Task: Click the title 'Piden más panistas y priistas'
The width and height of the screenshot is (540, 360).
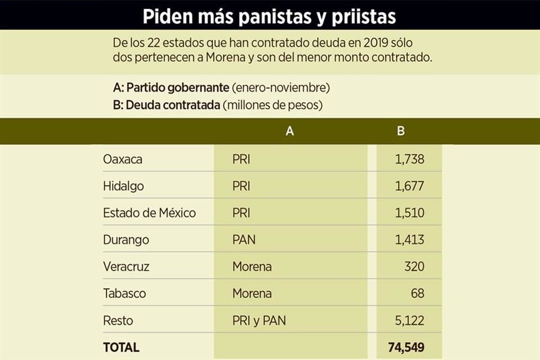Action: pos(269,16)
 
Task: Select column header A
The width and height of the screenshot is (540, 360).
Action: pos(290,132)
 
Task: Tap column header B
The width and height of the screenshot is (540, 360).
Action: pos(400,132)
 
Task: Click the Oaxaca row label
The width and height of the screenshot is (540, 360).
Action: pos(123,159)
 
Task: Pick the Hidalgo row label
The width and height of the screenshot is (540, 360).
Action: pos(123,186)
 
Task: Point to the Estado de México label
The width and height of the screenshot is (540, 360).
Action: pos(149,213)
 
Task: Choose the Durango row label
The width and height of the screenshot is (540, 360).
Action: pos(126,240)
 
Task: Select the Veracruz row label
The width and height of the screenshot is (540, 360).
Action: pos(126,267)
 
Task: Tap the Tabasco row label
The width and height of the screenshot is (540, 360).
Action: pos(124,294)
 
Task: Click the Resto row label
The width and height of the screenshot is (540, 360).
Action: pos(118,321)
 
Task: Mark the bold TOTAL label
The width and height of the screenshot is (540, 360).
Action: pos(121,347)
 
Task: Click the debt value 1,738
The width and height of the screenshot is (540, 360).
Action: pos(409,159)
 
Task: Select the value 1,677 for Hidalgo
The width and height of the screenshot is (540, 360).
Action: pos(409,186)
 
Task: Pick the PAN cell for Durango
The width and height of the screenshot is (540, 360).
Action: pos(244,240)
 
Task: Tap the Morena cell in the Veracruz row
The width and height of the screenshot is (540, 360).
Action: pos(251,267)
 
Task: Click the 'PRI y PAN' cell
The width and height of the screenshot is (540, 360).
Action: pos(259,321)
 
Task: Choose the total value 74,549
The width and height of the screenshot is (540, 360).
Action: pos(406,347)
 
